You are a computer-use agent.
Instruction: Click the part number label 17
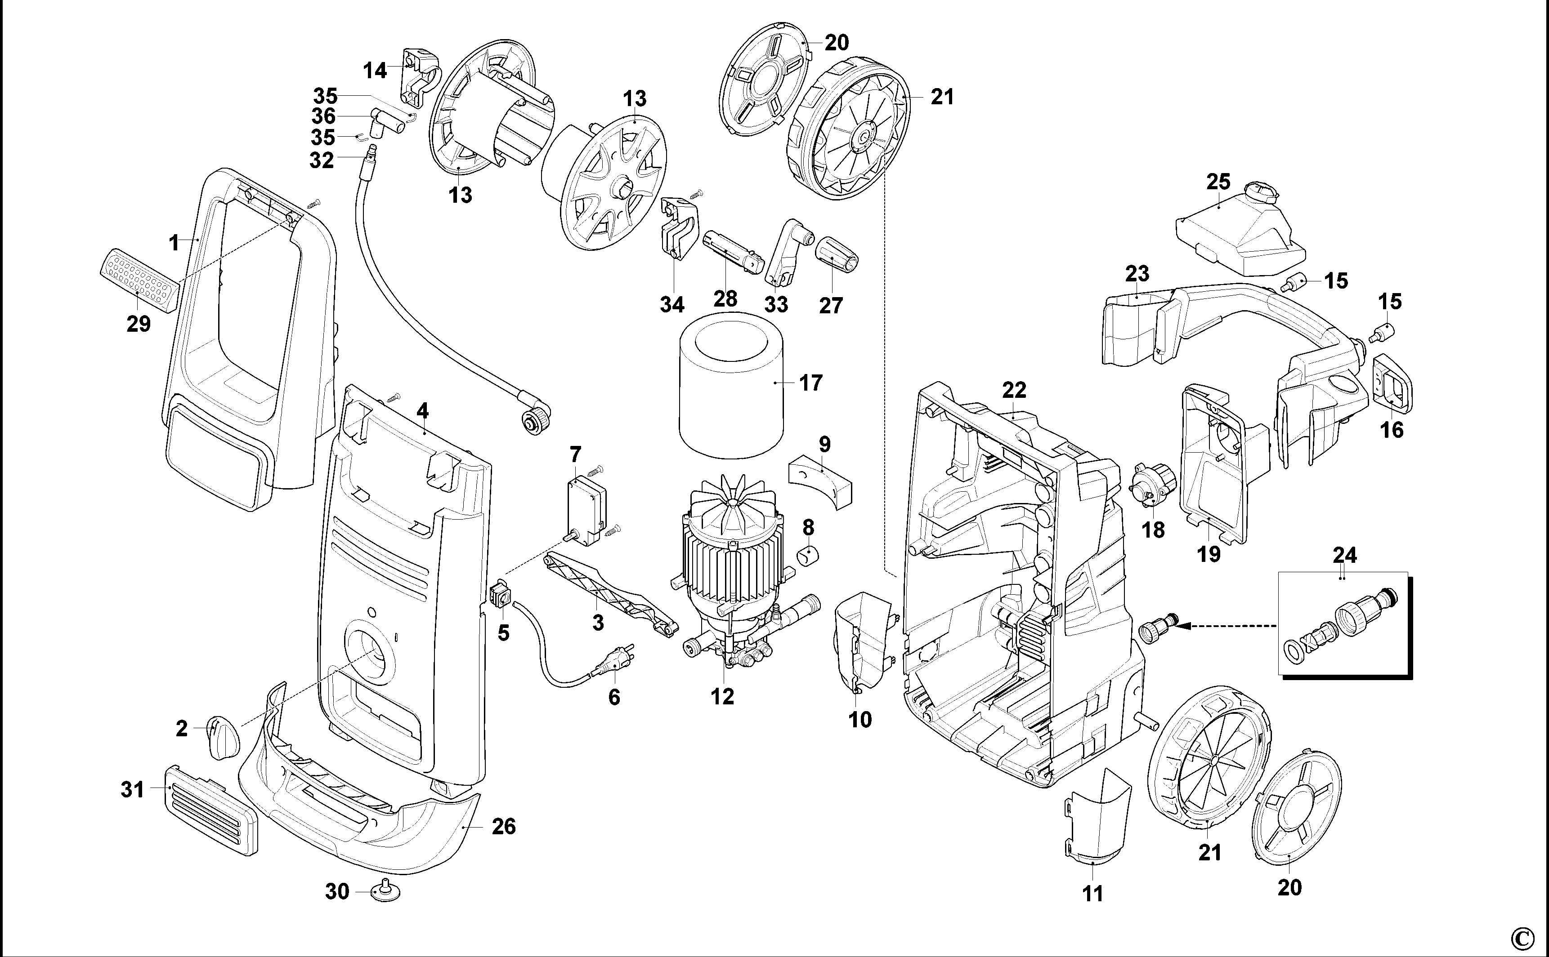pos(810,383)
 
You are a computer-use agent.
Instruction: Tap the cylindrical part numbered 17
pos(731,392)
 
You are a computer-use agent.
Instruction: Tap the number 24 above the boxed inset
pos(1344,555)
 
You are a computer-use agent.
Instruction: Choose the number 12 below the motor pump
pos(722,697)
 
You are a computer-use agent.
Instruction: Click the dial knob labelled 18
pos(1154,492)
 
